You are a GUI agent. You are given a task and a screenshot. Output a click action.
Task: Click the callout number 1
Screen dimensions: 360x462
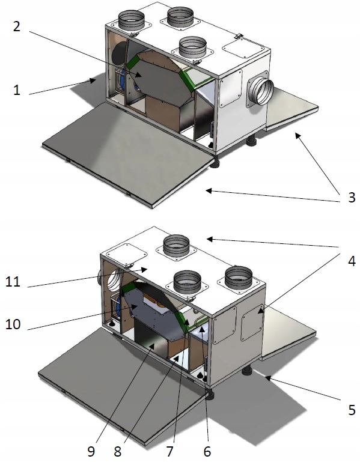[x=16, y=90]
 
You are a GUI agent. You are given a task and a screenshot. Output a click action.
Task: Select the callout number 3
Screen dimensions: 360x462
[x=352, y=198]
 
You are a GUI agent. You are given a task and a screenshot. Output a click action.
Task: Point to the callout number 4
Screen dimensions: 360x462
[x=352, y=261]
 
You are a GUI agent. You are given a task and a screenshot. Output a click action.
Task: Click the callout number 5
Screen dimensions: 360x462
[x=352, y=410]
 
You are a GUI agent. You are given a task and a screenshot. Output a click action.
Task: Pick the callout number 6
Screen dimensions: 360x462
[x=207, y=451]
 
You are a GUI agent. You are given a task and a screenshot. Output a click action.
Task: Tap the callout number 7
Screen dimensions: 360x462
[x=169, y=451]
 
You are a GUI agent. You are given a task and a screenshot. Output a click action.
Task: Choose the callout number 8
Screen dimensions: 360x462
[x=118, y=451]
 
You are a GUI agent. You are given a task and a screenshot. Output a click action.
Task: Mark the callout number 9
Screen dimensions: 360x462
[x=91, y=451]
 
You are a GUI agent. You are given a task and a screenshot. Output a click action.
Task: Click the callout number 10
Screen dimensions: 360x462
[x=13, y=324]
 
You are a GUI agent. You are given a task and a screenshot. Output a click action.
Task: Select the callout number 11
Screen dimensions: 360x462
[x=13, y=282]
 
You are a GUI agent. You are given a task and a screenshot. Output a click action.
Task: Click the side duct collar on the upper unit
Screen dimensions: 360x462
[x=260, y=91]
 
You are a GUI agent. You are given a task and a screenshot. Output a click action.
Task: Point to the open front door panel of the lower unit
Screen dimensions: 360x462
[x=124, y=380]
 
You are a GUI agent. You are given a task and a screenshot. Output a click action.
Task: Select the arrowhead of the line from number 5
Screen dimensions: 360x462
[x=267, y=378]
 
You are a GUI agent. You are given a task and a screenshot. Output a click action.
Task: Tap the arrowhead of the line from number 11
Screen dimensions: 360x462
[x=144, y=269]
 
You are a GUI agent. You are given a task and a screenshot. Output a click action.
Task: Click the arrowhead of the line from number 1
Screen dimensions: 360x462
[x=93, y=79]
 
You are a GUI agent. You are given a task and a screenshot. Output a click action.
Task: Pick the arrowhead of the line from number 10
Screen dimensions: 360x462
[x=135, y=306]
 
